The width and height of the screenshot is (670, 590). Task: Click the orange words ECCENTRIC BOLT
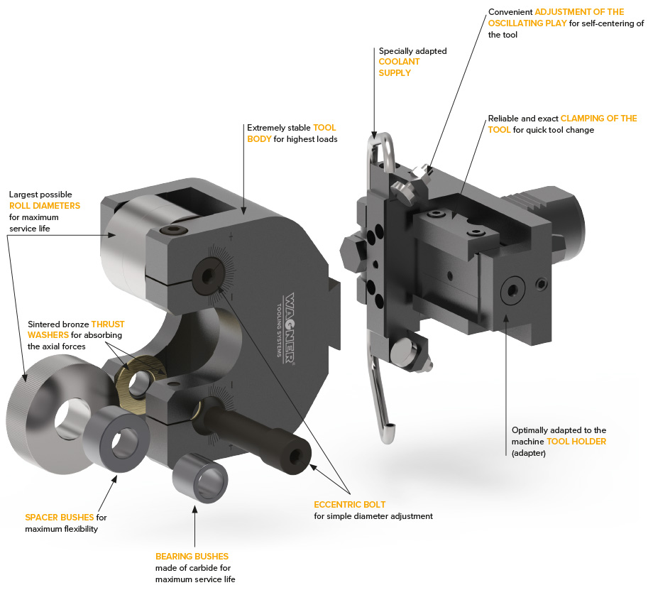coord(349,505)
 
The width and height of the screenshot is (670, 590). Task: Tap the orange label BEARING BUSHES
coord(192,556)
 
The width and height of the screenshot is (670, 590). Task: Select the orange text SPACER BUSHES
coord(60,518)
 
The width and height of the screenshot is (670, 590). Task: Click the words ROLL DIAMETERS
coord(45,206)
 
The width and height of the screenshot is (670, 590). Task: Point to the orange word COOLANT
coord(399,62)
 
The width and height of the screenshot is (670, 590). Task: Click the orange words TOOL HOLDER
coord(576,441)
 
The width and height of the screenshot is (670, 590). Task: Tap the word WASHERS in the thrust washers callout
coord(48,335)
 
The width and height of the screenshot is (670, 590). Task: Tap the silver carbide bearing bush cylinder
coord(200,478)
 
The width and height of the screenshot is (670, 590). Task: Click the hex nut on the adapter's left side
coord(353,253)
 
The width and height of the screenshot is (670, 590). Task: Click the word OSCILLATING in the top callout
coord(527,23)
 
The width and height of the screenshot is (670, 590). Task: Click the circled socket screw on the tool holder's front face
coord(512,290)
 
